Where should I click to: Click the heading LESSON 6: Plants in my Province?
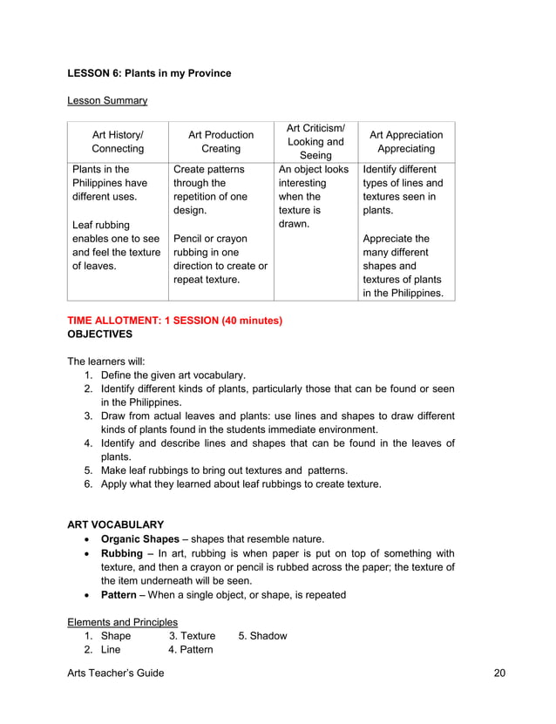coord(149,73)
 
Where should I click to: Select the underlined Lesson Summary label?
coord(107,101)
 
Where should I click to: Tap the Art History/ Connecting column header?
coord(118,142)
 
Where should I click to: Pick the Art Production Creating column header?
coord(220,142)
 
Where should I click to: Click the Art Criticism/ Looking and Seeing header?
coord(315,142)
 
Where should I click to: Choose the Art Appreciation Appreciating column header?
coord(406,142)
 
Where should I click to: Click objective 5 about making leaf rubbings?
coord(224,470)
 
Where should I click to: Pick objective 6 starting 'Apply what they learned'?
coord(241,484)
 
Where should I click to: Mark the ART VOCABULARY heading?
coord(115,524)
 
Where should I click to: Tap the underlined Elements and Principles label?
coord(123,622)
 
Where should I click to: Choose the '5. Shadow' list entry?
coord(262,636)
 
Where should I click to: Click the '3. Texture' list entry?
coord(192,636)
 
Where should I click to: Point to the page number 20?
coord(499,673)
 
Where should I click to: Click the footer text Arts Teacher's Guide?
coord(115,673)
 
